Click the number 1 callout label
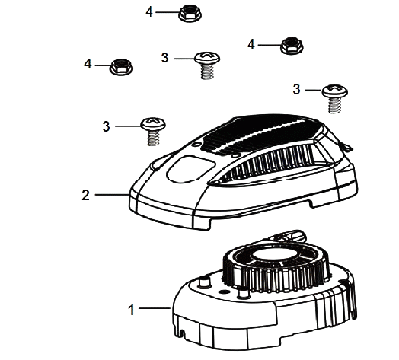[x=131, y=310]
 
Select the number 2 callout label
[x=86, y=195]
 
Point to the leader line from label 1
[x=155, y=308]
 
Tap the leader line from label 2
[x=113, y=195]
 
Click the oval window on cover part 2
[x=190, y=168]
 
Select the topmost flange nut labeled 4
[x=190, y=13]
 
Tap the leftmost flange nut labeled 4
[x=121, y=67]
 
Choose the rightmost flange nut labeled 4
[x=292, y=46]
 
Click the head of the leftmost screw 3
[x=153, y=123]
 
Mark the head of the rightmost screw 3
[x=335, y=91]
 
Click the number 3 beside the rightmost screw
[x=296, y=89]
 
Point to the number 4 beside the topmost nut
[x=149, y=11]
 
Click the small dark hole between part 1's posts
[x=223, y=291]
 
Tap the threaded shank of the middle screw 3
[x=207, y=72]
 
